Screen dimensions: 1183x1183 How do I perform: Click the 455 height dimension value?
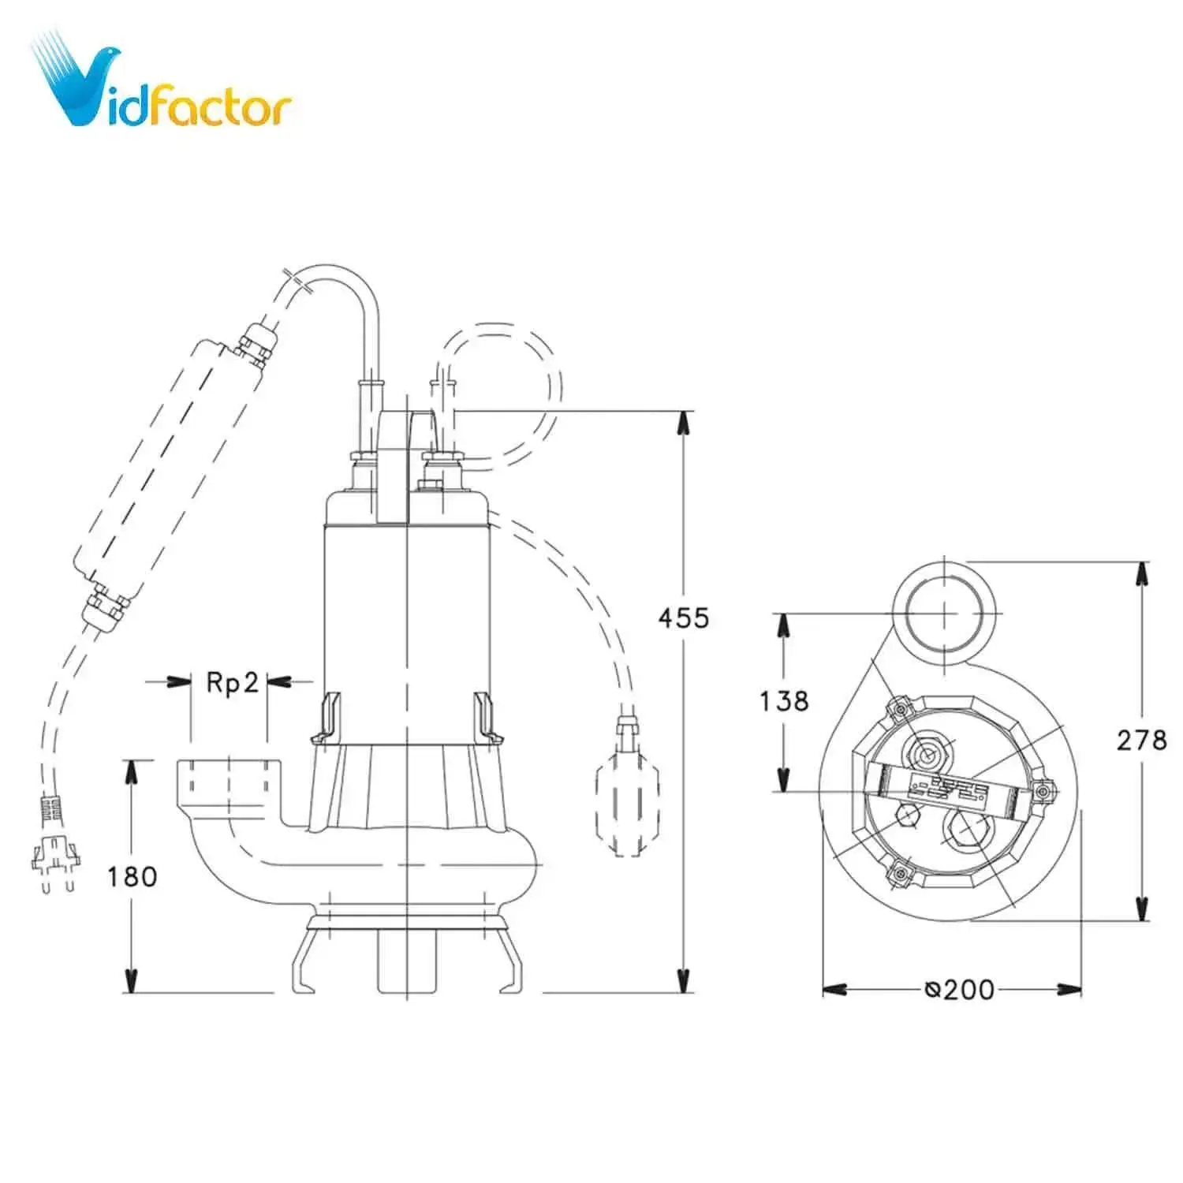point(683,618)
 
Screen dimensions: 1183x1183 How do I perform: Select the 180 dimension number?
point(132,876)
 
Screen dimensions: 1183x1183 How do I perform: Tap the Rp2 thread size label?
point(232,682)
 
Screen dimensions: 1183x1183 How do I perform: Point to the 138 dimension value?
point(784,700)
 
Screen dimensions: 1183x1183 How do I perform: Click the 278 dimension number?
point(1140,740)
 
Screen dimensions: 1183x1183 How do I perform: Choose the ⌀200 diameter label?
point(960,989)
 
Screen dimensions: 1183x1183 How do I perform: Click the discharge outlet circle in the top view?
point(944,613)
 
